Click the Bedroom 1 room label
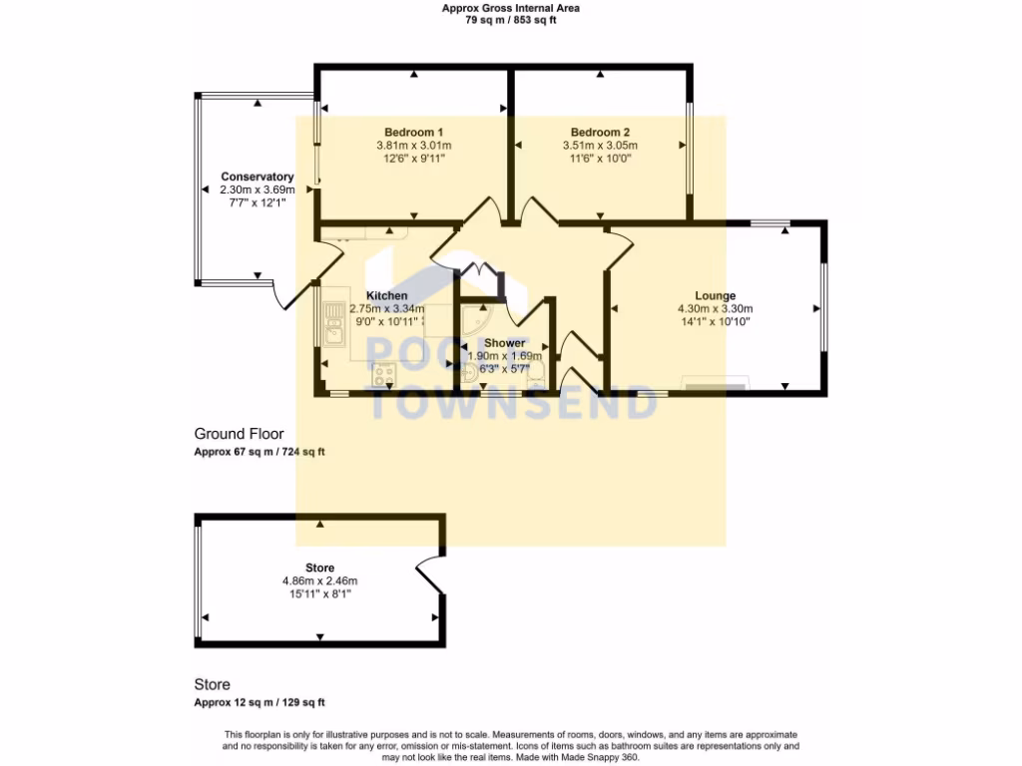(413, 133)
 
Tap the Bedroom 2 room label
(600, 133)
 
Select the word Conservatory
(257, 177)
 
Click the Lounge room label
(715, 296)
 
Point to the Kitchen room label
(386, 296)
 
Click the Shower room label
(505, 343)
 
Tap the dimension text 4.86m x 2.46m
(319, 581)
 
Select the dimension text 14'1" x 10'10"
(715, 321)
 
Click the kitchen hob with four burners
(384, 376)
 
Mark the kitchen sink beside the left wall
(332, 324)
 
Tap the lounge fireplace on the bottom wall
(715, 383)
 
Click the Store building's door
(429, 574)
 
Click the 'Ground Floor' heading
(239, 434)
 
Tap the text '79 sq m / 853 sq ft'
(511, 20)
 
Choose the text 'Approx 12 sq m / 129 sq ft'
(259, 702)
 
